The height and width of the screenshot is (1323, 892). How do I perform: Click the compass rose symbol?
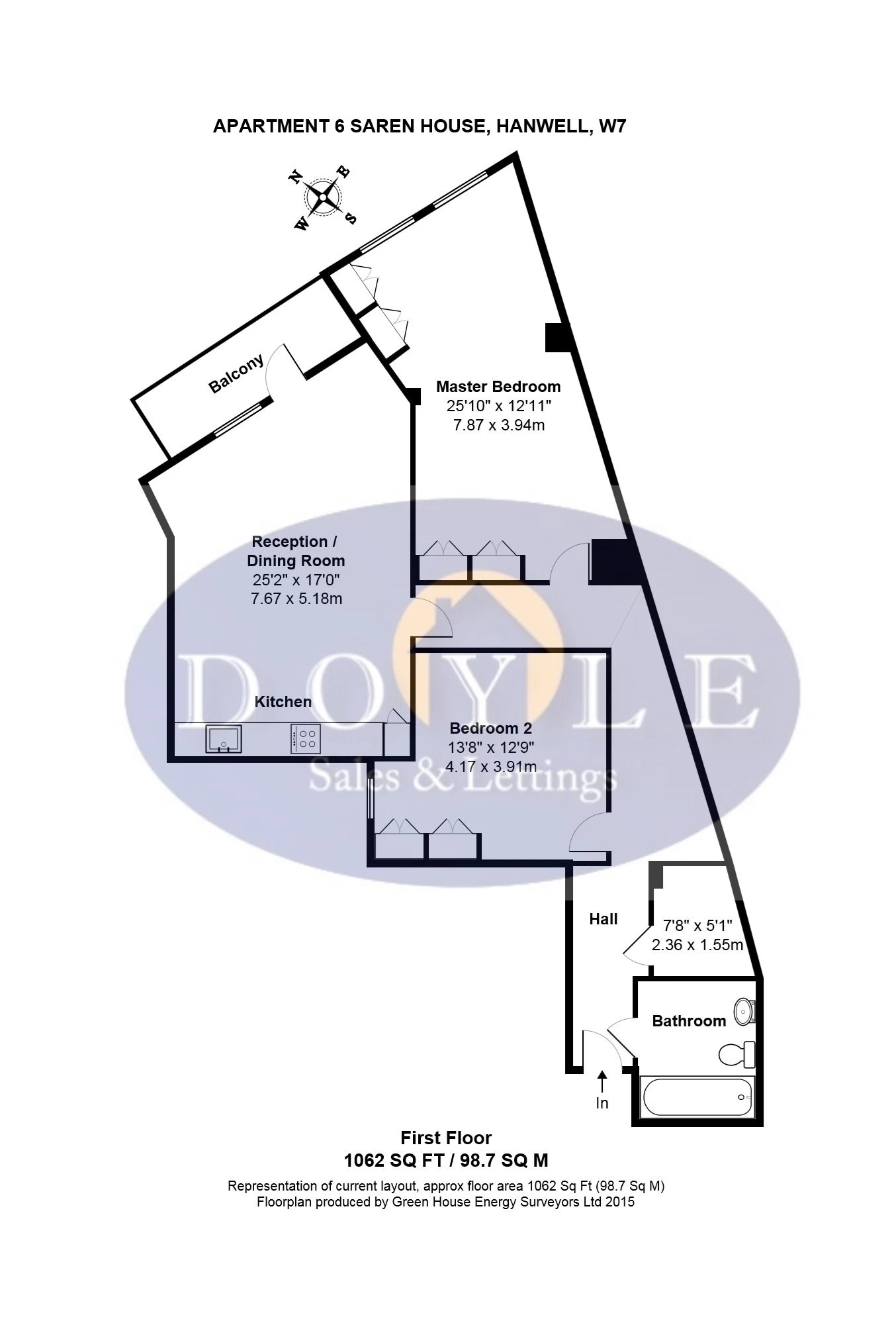323,197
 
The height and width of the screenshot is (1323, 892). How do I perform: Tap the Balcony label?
236,374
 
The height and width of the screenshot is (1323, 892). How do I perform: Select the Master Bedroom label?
498,387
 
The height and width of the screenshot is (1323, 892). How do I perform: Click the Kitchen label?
283,702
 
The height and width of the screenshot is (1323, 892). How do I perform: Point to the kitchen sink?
224,739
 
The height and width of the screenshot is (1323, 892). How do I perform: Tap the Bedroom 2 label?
490,728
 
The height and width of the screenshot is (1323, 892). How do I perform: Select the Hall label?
603,919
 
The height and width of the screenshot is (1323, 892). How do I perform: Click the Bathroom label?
689,1021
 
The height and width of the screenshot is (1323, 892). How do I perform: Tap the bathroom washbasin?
745,1011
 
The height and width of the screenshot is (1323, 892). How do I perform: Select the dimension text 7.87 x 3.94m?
498,425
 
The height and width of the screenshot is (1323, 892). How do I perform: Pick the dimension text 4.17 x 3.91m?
490,767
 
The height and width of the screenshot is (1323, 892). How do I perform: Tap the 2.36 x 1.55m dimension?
697,945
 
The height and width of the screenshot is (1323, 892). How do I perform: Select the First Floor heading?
446,1138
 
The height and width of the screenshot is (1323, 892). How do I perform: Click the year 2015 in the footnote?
619,1202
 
